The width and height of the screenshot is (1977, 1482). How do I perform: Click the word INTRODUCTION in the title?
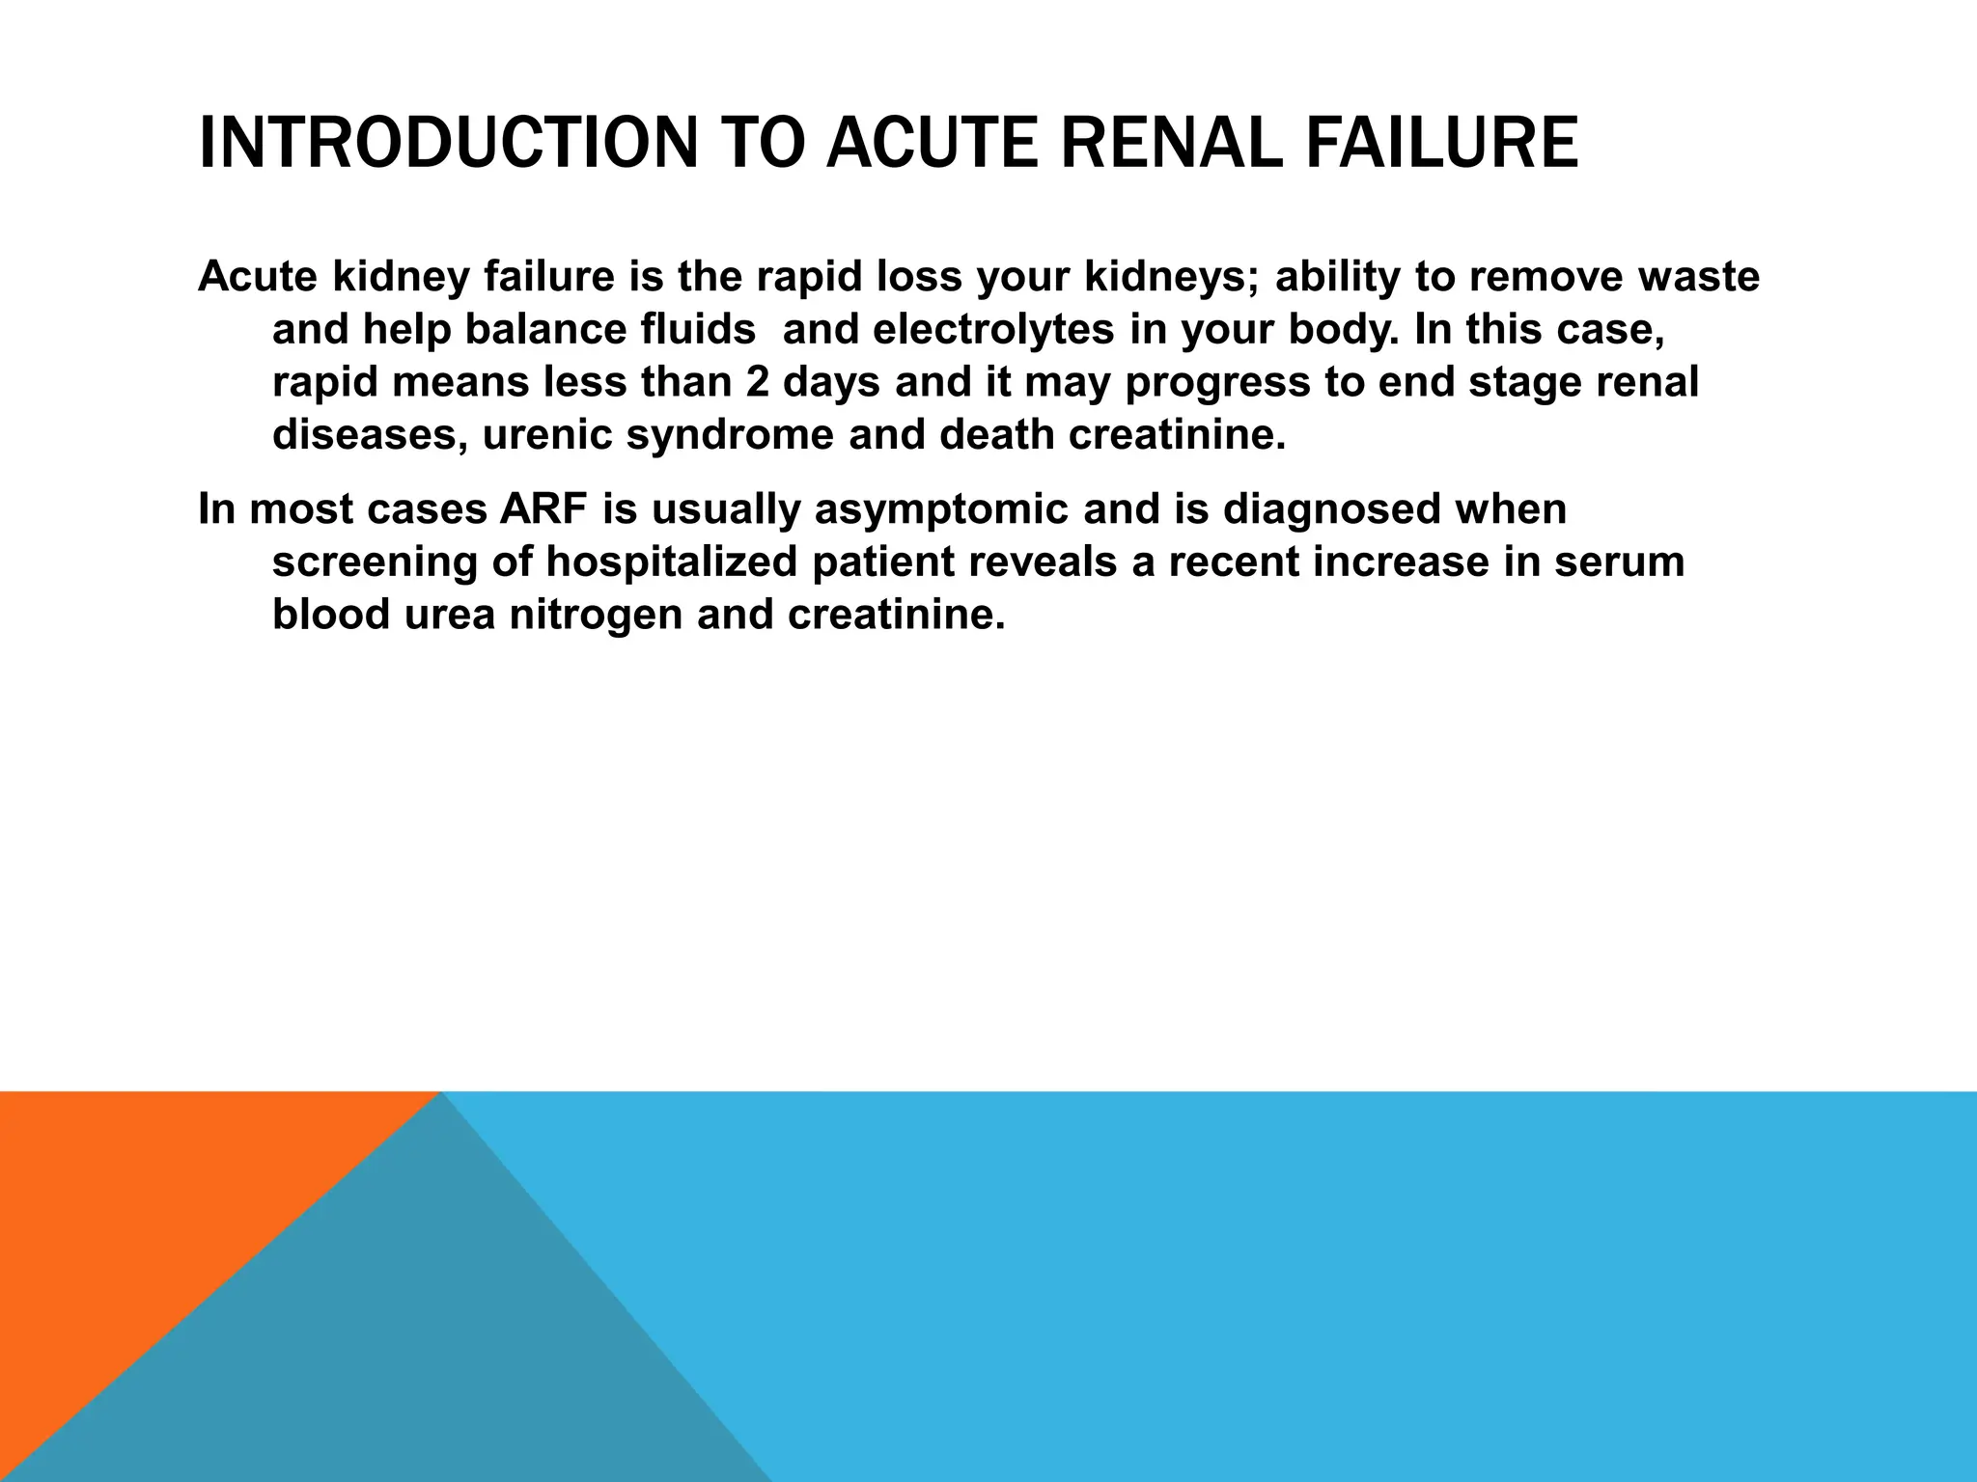447,143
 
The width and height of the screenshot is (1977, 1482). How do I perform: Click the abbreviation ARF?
543,509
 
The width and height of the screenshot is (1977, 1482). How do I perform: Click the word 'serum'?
1619,563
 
